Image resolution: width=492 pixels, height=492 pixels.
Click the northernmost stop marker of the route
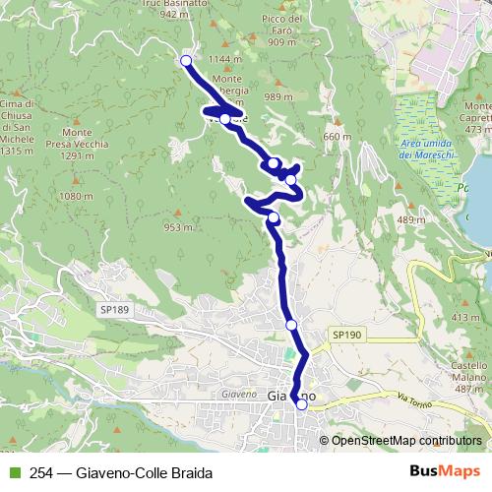pyautogui.click(x=186, y=61)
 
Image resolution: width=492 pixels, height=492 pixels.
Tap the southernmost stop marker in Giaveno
pyautogui.click(x=301, y=403)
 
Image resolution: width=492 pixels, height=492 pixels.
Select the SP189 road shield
pyautogui.click(x=113, y=309)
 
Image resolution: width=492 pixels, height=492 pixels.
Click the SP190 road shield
pyautogui.click(x=345, y=335)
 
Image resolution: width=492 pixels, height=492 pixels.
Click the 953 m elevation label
pyautogui.click(x=178, y=227)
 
